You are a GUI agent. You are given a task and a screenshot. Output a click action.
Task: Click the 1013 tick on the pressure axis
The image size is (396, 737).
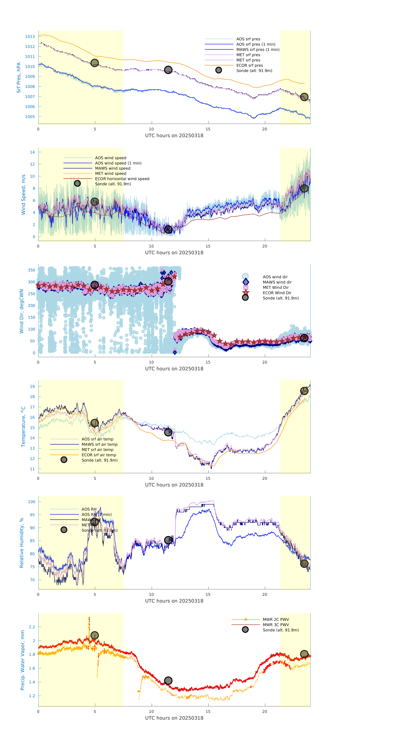(30, 37)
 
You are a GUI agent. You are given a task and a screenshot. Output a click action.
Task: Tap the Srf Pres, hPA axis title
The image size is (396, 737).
(19, 78)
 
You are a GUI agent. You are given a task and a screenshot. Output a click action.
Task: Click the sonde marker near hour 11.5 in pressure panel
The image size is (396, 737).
(168, 70)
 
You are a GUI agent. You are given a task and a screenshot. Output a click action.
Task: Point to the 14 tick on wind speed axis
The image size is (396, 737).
(32, 152)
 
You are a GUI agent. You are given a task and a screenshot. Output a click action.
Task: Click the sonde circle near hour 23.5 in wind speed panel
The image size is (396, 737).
(304, 188)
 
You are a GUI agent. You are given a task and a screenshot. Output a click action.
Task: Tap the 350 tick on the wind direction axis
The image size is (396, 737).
(31, 270)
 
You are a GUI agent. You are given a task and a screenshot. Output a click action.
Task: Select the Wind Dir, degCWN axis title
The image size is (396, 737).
(21, 311)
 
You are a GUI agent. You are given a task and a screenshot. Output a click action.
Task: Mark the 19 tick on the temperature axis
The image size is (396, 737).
(32, 387)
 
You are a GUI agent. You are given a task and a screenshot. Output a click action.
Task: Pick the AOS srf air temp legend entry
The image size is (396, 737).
(97, 439)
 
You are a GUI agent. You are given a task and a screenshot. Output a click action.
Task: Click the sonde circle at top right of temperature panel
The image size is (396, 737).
(304, 391)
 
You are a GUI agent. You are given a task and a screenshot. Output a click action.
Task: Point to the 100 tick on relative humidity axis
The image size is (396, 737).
(31, 502)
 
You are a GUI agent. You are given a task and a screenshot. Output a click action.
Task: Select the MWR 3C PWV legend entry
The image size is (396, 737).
(276, 625)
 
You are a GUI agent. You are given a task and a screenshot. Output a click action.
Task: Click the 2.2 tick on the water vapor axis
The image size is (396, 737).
(32, 627)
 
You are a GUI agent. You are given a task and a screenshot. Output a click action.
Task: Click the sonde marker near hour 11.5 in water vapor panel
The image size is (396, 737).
(168, 681)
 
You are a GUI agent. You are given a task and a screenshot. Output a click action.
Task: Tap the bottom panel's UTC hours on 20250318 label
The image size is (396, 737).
(174, 718)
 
